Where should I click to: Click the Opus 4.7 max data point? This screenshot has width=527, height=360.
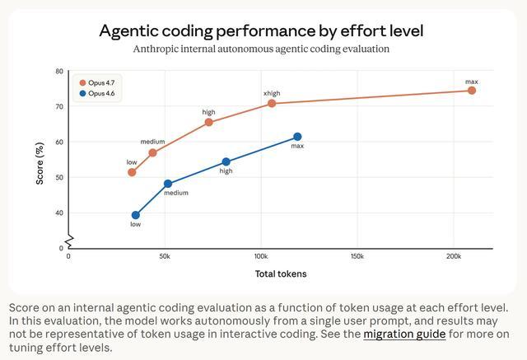coord(472,91)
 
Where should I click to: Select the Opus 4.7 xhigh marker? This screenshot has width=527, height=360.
coord(272,103)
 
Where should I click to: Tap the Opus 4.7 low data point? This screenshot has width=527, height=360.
coord(132,172)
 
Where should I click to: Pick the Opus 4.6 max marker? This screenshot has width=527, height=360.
coord(297,137)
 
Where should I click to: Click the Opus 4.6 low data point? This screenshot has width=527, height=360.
coord(136,215)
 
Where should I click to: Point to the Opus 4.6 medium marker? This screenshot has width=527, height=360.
coord(168,184)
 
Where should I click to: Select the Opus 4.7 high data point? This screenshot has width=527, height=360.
coord(209,122)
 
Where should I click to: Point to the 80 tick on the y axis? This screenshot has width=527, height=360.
coord(59,72)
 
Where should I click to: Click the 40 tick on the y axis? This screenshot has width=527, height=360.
coord(59,213)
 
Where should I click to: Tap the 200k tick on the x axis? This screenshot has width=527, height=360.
coord(453,256)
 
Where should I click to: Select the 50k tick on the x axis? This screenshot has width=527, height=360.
coord(165,256)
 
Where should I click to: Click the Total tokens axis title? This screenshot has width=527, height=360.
coord(280,274)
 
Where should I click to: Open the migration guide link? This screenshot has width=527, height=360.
coord(404,334)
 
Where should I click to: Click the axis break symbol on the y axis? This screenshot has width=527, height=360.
coord(69,241)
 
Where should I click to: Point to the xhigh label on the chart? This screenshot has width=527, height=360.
coord(272,93)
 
